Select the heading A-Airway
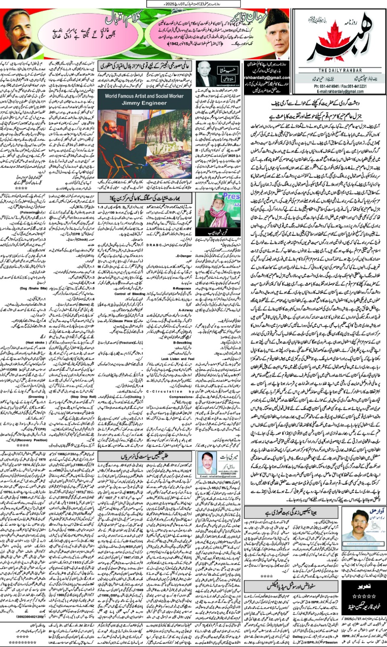[x=186, y=310]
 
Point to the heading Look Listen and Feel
[x=178, y=359]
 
